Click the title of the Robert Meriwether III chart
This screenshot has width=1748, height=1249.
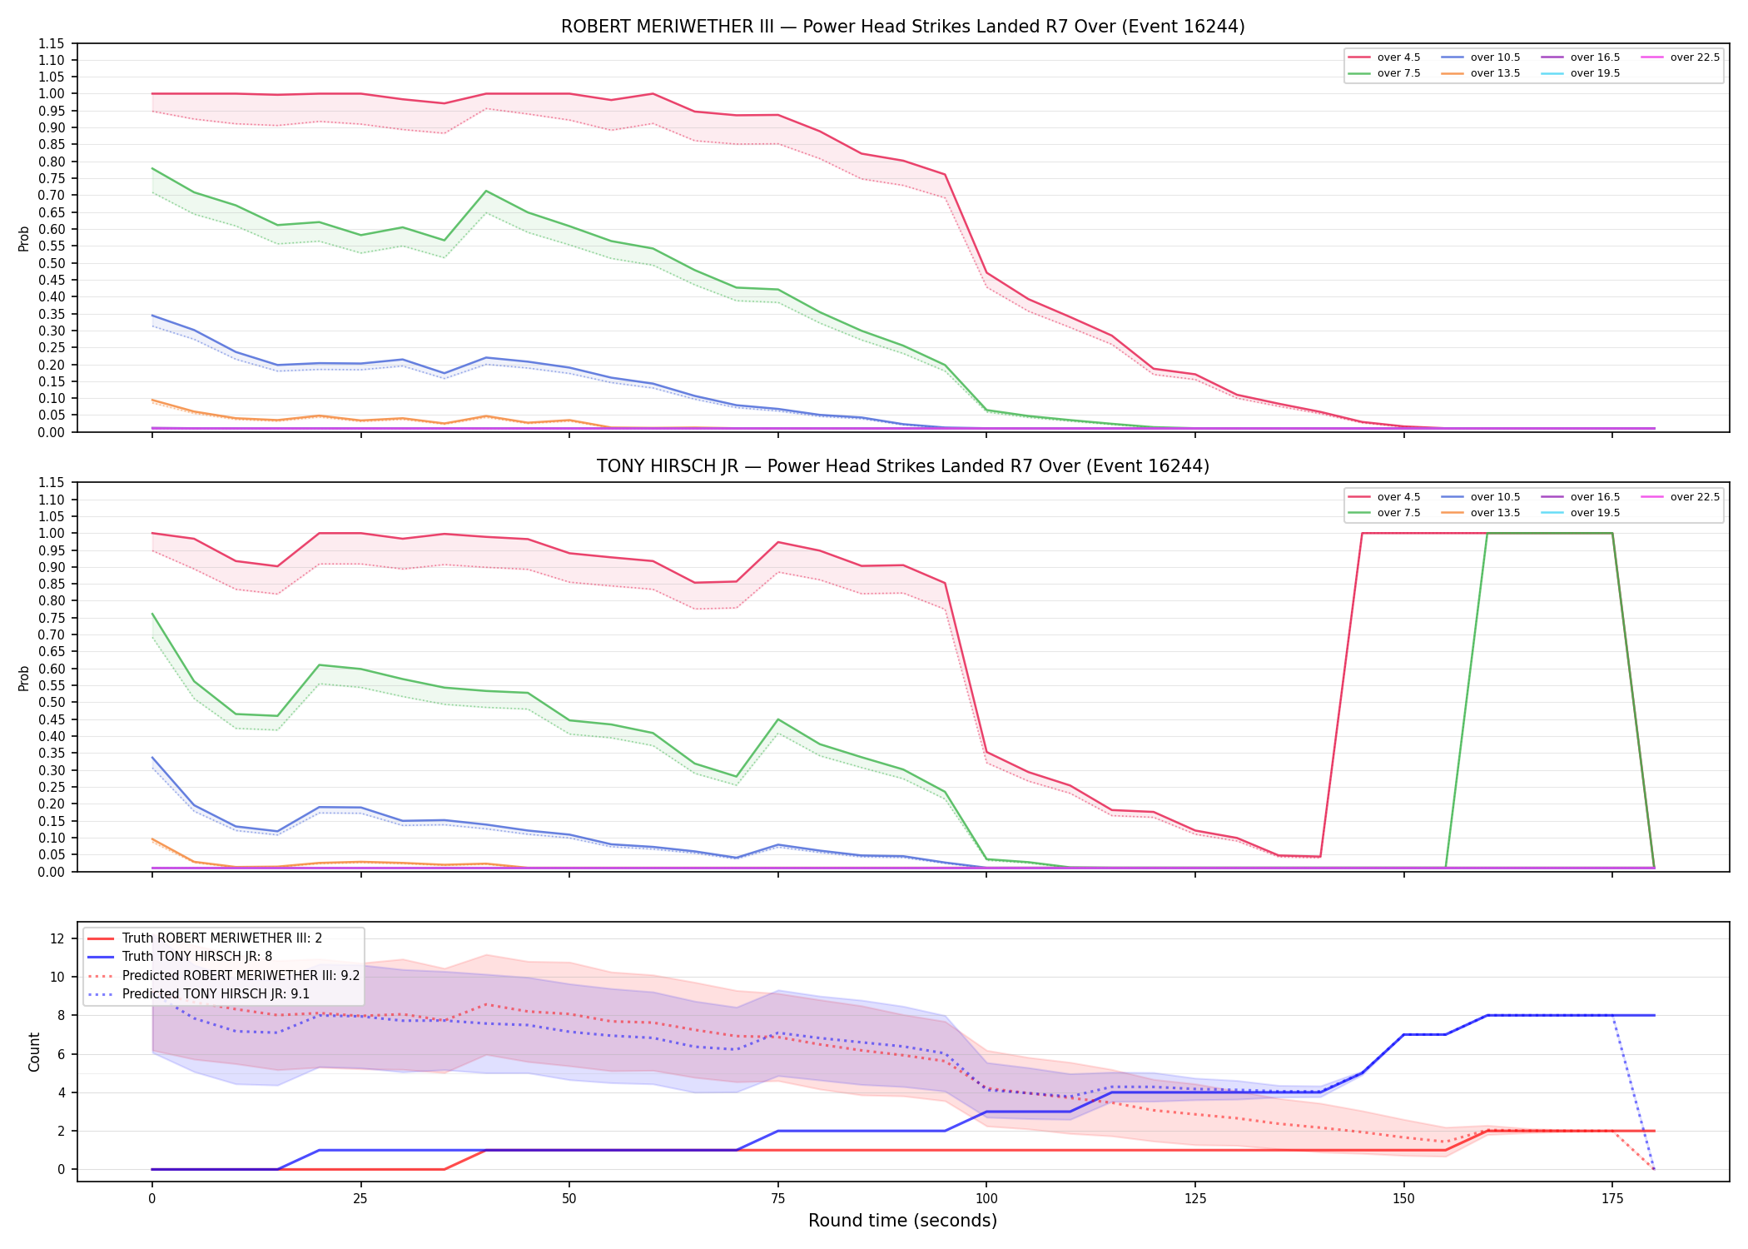point(902,27)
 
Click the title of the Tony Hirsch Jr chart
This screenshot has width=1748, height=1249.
point(902,466)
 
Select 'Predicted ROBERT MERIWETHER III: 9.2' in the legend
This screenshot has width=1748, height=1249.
point(223,975)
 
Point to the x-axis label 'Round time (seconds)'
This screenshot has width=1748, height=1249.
point(902,1221)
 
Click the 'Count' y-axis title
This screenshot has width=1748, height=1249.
point(34,1052)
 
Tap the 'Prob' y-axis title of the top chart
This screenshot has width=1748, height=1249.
point(24,238)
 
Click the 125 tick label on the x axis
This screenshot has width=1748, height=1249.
point(1195,1199)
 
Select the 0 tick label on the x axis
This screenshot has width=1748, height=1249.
point(151,1199)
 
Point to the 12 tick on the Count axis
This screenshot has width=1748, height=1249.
point(57,938)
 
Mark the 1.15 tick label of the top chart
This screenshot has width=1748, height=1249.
point(52,43)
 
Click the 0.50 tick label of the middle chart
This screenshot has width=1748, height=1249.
point(52,702)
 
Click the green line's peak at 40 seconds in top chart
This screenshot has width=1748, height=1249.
point(486,191)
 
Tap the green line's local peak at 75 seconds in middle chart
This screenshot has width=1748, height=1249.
point(777,719)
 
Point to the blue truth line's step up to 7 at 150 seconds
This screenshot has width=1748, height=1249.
point(1403,1034)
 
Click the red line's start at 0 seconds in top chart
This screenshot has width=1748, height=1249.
point(151,93)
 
